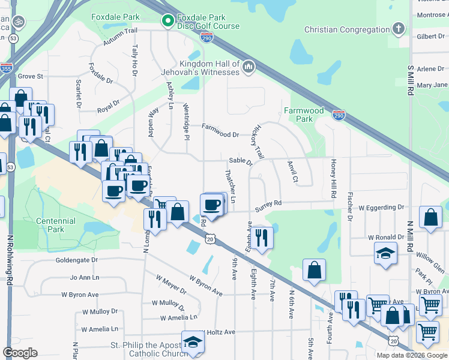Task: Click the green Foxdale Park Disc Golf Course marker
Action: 167,22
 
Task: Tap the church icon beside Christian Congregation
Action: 398,29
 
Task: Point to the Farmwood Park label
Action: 304,115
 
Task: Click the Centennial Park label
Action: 56,225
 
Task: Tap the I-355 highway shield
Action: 7,68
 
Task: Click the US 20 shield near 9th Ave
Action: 209,239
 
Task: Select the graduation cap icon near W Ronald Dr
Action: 385,253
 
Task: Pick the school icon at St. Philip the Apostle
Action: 193,342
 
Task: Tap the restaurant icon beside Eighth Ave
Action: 262,237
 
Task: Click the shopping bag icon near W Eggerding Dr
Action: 431,218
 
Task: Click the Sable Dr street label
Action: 241,161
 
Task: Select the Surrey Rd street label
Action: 268,204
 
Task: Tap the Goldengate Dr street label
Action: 76,260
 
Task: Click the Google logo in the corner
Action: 20,352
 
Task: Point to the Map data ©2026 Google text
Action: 411,355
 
